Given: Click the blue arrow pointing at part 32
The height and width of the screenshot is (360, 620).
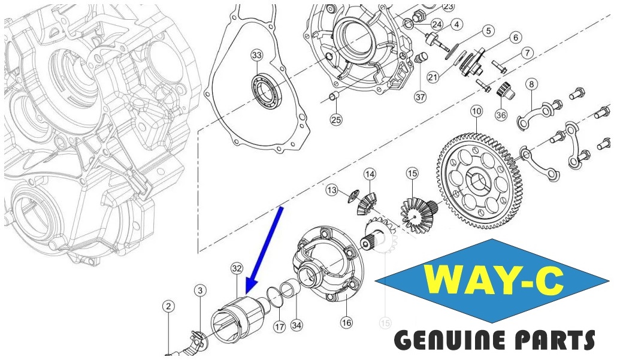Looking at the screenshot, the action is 264,250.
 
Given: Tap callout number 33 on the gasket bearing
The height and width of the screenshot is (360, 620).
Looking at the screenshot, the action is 257,55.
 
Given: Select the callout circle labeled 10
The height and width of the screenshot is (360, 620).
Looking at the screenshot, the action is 476,111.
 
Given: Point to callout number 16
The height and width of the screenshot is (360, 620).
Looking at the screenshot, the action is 346,322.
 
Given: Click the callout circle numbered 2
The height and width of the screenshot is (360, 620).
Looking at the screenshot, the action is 168,306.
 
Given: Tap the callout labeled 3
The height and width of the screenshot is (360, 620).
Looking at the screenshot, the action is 201,291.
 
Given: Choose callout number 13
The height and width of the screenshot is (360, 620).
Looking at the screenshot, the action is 332,190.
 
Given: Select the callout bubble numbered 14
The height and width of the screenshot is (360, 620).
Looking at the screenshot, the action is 370,174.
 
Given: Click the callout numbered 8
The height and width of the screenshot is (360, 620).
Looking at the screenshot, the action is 531,84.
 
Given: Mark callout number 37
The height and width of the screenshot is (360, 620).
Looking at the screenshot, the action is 421,96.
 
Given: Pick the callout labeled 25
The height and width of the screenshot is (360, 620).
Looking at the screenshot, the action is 336,119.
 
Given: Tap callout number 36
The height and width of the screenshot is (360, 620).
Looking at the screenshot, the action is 501,114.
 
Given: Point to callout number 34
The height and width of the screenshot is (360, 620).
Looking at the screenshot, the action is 297,325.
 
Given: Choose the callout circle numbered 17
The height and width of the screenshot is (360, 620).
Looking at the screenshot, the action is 280,327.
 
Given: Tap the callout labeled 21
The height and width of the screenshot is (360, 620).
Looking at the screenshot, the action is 433,76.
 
